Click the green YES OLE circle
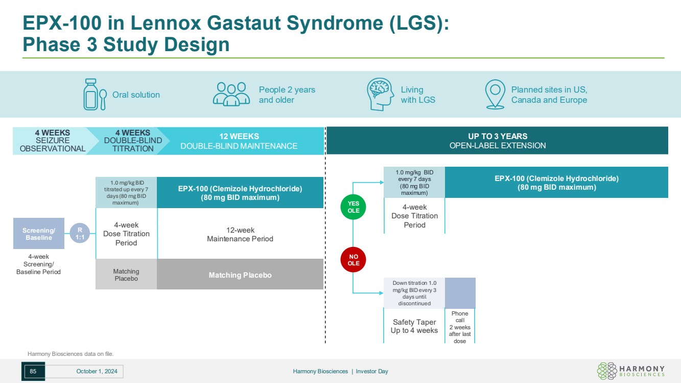354,207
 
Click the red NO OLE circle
354,260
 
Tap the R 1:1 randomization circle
79,233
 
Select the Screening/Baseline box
39,234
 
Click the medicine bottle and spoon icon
95,95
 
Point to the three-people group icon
231,94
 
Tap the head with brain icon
380,94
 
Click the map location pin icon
495,94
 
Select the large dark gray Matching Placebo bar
240,275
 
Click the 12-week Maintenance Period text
240,235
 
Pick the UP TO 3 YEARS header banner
497,141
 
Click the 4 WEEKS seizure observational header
52,141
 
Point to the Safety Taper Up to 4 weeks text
414,326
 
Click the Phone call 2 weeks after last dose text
460,327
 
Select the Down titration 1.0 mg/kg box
414,293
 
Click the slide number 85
33,371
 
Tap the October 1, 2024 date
97,372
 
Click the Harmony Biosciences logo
631,371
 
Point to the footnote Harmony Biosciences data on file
71,353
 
